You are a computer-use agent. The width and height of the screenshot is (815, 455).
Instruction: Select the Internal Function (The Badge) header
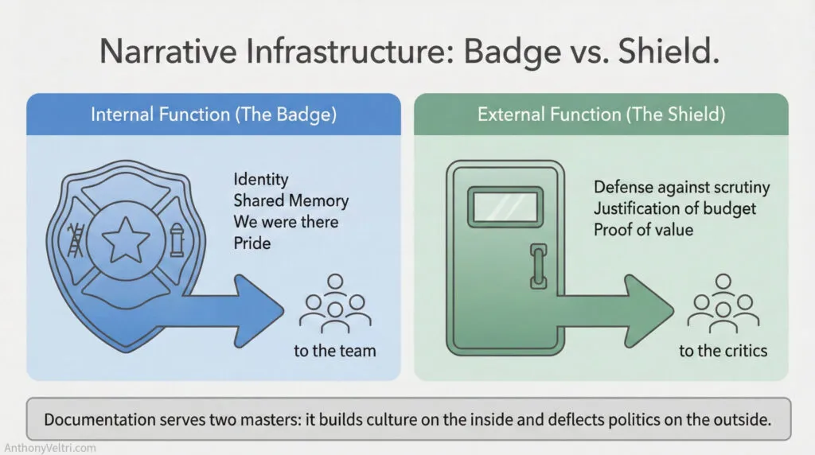click(x=213, y=114)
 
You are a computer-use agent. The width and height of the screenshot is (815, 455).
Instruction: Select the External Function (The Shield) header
click(x=601, y=114)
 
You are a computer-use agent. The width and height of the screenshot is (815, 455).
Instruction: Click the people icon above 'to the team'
click(x=335, y=305)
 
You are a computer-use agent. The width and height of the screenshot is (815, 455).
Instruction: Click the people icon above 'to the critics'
click(x=723, y=305)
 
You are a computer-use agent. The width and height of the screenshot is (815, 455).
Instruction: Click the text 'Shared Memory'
click(x=291, y=200)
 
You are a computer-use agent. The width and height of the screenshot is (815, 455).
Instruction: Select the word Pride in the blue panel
click(x=252, y=243)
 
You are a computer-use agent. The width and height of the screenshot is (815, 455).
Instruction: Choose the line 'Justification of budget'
click(x=675, y=209)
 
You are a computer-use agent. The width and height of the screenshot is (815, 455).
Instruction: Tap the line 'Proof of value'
click(x=643, y=230)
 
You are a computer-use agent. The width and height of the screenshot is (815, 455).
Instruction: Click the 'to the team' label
click(x=334, y=350)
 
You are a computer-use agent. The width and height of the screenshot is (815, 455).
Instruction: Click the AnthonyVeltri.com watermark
click(x=49, y=447)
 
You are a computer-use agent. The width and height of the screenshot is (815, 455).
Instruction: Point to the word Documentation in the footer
click(x=94, y=418)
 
